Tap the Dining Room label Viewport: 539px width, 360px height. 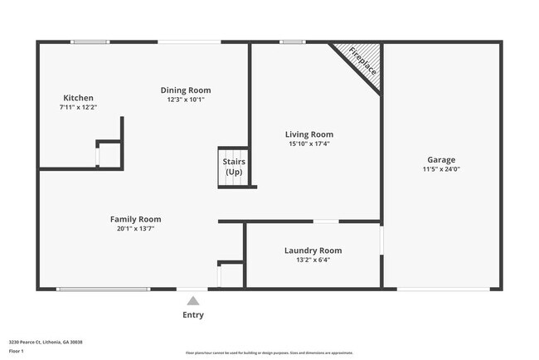click(x=186, y=90)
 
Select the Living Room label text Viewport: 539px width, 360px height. click(x=309, y=134)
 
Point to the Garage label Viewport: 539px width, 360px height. click(x=441, y=160)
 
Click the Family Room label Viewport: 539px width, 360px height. click(x=135, y=219)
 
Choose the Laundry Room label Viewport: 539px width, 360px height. click(x=313, y=251)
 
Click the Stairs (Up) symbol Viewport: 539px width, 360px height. click(x=234, y=167)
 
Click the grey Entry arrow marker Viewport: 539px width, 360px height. click(x=192, y=301)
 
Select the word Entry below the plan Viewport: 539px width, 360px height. click(x=192, y=315)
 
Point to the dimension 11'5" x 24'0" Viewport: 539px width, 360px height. click(x=441, y=169)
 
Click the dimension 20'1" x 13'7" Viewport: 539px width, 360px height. click(x=135, y=228)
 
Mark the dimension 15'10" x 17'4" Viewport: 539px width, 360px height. click(x=309, y=144)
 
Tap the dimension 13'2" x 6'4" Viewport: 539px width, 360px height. click(x=313, y=260)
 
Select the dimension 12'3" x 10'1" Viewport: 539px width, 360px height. click(x=186, y=99)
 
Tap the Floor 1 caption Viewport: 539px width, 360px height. click(x=17, y=351)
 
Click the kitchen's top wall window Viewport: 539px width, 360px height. click(x=90, y=41)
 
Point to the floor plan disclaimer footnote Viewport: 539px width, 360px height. click(x=269, y=353)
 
